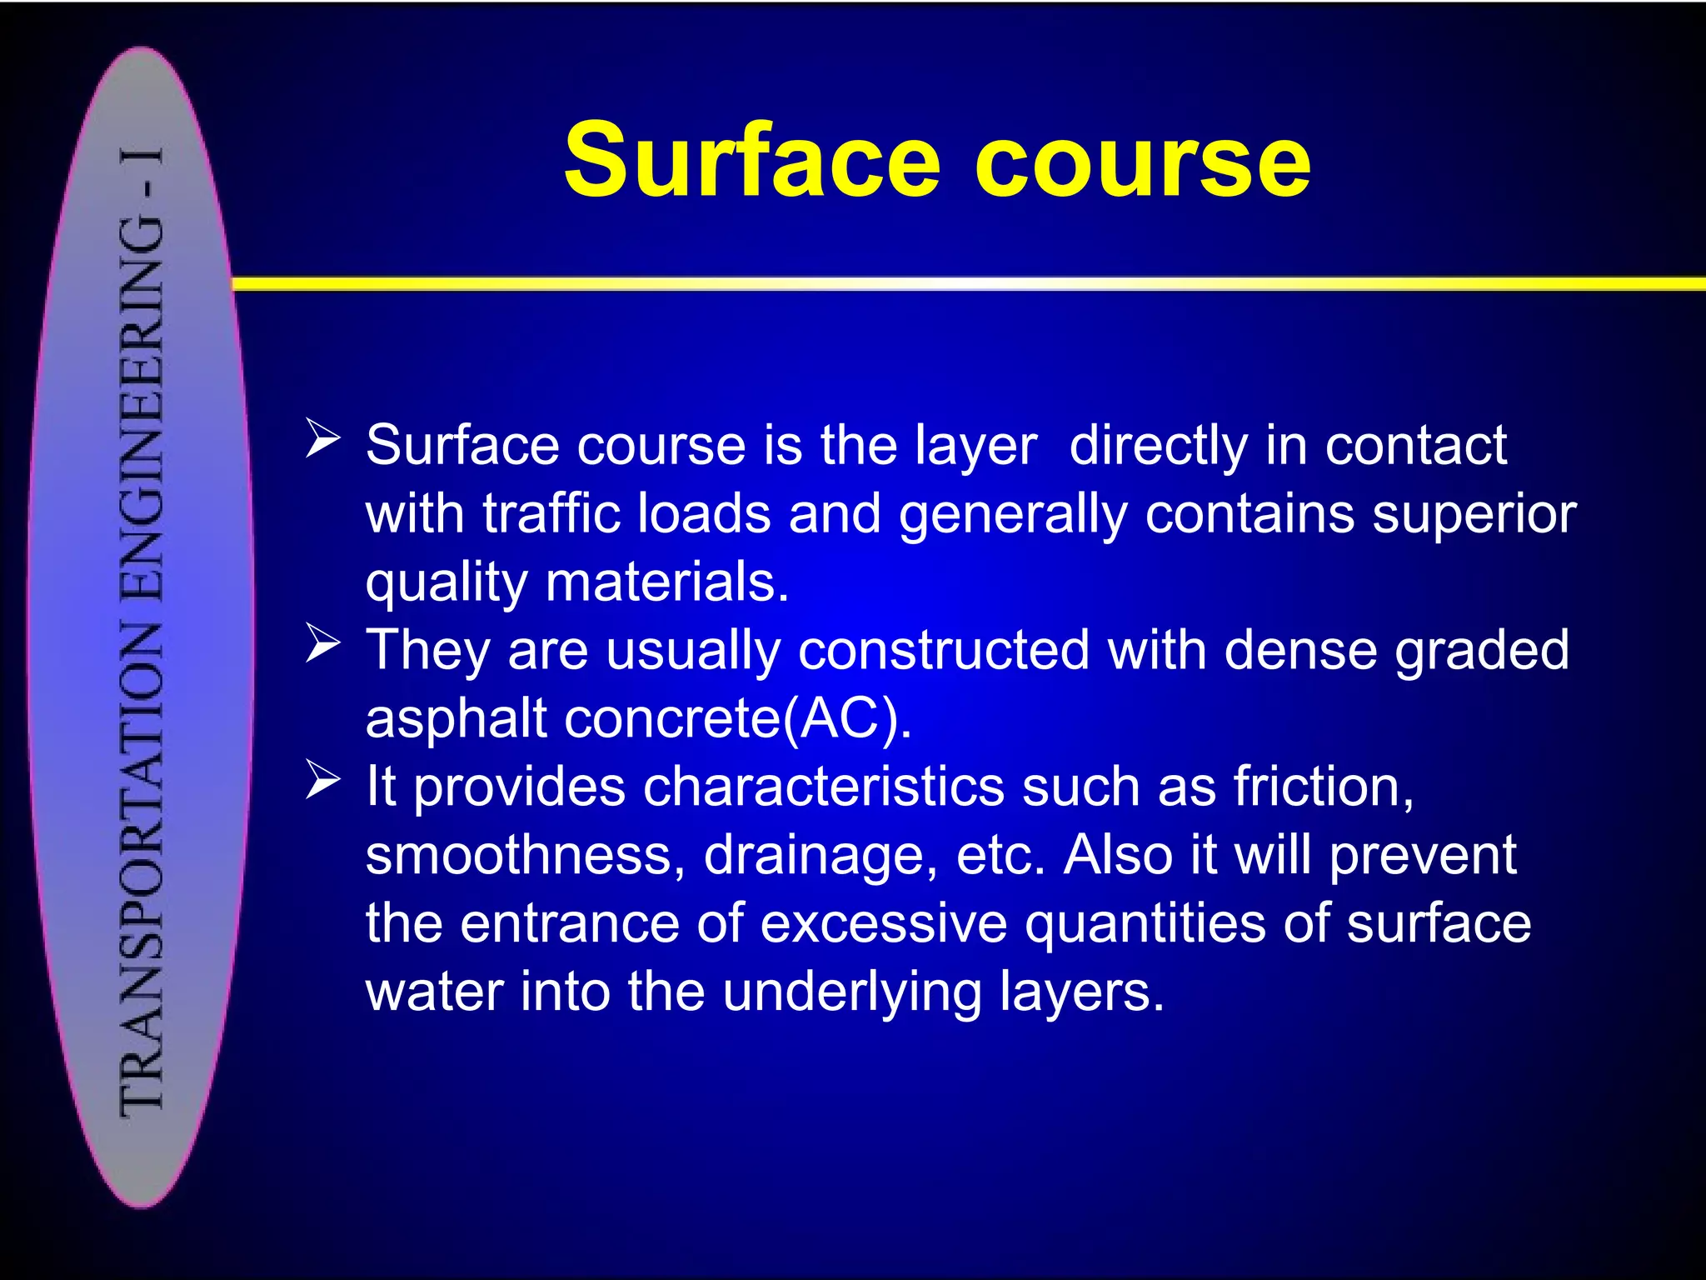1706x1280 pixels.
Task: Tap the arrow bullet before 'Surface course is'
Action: coord(322,438)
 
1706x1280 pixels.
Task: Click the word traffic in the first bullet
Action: coord(551,513)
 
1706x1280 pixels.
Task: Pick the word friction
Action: coord(1323,787)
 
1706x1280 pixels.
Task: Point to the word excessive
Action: coord(883,923)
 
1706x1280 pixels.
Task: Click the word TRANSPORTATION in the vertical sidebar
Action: coord(142,867)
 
